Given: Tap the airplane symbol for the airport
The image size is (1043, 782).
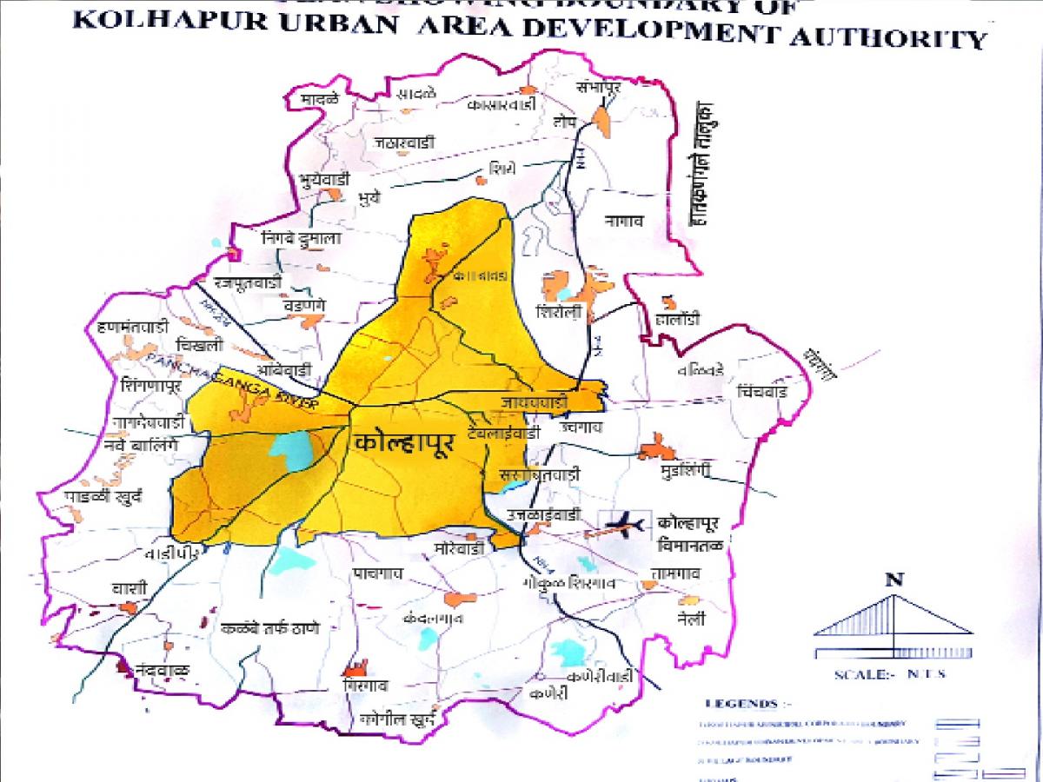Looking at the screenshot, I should point(624,524).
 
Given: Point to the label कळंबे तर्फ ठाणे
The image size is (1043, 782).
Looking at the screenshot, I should point(271,628).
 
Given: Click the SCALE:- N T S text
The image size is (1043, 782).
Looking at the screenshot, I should point(889,674).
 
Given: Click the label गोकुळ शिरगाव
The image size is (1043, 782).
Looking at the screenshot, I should point(569,585).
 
